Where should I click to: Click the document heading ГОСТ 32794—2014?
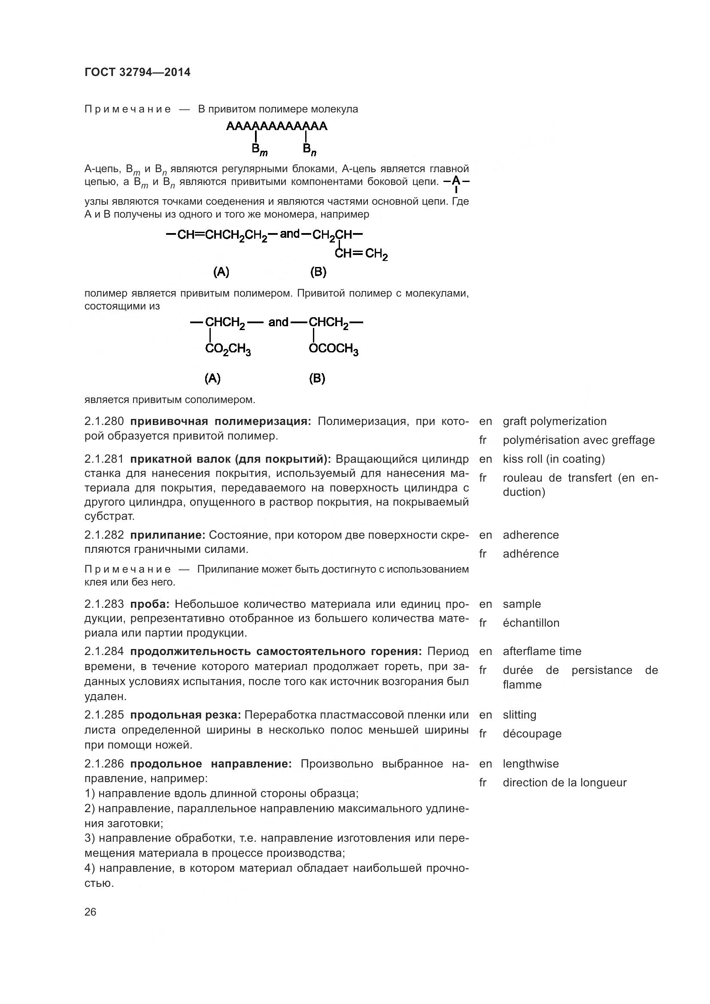coord(137,72)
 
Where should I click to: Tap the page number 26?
coord(91,912)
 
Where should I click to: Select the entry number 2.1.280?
coord(104,422)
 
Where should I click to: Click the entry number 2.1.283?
coord(104,604)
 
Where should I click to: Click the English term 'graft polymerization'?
coord(554,422)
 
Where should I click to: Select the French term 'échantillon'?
coord(531,623)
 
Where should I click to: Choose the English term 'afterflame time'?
coord(542,651)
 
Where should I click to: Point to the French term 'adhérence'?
coord(531,554)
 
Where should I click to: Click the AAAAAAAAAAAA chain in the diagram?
coord(276,126)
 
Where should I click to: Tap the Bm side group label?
coord(259,150)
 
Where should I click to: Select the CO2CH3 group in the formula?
coord(228,349)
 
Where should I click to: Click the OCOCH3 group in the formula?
coord(334,349)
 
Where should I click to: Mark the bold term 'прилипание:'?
coord(168,535)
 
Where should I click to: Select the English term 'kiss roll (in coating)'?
coord(553,459)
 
